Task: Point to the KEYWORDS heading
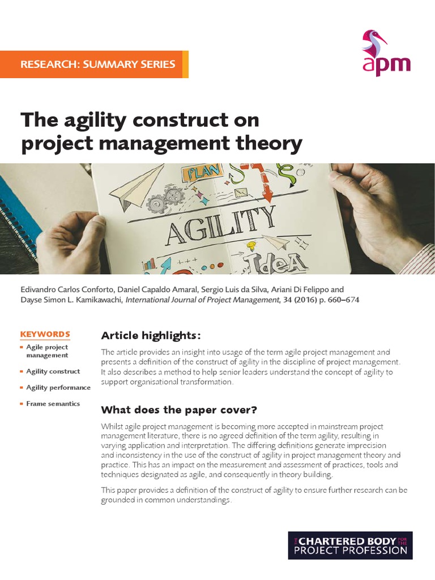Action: point(45,334)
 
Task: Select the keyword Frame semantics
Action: point(53,404)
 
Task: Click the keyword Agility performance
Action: point(58,387)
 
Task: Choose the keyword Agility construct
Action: point(53,372)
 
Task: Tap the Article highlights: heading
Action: point(150,335)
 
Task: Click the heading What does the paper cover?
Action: point(179,410)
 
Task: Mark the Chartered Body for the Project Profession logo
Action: point(349,545)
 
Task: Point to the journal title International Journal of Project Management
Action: point(203,300)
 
